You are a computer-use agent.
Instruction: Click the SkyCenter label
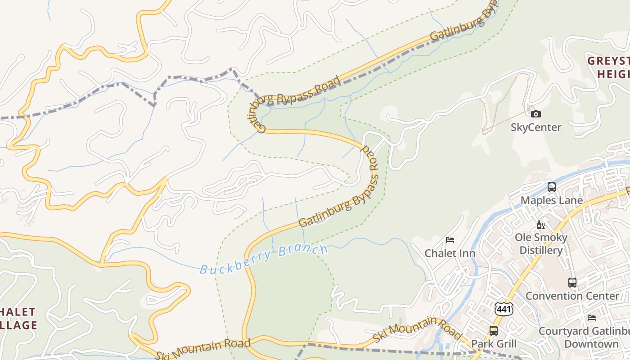(x=535, y=127)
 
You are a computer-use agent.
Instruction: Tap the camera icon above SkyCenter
(x=535, y=114)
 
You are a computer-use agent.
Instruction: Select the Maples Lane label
(x=551, y=200)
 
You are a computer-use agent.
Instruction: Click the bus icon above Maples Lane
(x=551, y=187)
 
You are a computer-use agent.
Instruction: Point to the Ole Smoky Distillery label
(x=541, y=243)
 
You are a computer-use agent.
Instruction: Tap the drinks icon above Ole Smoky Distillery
(x=540, y=225)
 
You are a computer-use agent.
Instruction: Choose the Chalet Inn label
(x=450, y=253)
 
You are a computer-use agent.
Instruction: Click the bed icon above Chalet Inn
(x=450, y=240)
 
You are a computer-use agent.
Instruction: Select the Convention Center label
(x=572, y=296)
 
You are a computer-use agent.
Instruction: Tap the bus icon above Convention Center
(x=572, y=283)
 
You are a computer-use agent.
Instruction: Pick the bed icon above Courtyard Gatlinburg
(x=591, y=318)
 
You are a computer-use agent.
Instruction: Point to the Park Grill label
(x=494, y=344)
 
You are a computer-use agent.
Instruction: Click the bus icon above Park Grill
(x=494, y=331)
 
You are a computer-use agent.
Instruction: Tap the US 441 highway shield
(x=503, y=309)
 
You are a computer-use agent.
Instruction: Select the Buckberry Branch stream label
(x=264, y=260)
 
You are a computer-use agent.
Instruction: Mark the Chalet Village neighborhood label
(x=18, y=318)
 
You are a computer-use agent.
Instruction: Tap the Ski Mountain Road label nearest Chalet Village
(x=202, y=349)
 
